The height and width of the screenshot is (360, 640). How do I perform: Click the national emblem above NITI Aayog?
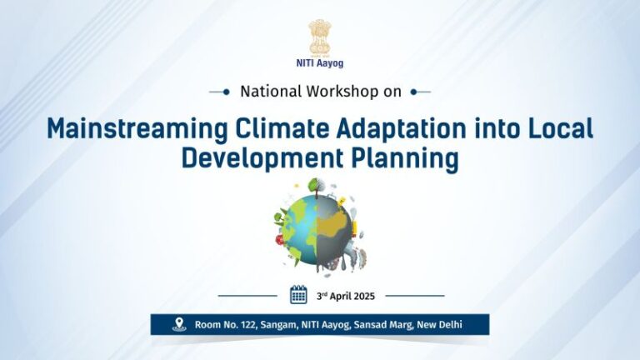point(320,37)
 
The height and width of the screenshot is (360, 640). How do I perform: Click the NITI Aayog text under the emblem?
point(320,63)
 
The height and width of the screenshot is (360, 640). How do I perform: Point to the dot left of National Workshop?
point(226,92)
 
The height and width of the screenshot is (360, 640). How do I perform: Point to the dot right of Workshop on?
point(414,92)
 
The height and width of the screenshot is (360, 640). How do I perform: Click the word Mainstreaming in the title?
point(137,129)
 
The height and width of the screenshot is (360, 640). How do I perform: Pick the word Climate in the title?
point(282,128)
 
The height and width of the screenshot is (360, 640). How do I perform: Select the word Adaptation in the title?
point(402,129)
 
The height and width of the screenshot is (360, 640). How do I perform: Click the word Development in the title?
point(262,158)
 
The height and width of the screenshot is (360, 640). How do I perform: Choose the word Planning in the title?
point(404,158)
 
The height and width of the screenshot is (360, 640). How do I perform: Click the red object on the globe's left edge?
point(280,240)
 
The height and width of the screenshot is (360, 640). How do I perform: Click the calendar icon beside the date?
point(298,295)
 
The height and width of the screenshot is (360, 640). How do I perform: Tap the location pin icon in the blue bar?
point(179,324)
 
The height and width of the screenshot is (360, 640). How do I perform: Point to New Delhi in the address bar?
point(439,325)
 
